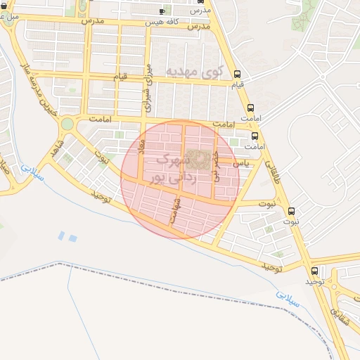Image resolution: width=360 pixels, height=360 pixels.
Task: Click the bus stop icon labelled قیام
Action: (238, 74)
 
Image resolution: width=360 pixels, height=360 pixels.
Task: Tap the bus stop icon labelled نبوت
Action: (292, 211)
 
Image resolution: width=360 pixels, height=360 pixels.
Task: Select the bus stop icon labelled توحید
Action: (314, 270)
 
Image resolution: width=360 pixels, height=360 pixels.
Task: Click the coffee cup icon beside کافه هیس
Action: (162, 11)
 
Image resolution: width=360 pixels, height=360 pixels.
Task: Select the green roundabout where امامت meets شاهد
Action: (67, 124)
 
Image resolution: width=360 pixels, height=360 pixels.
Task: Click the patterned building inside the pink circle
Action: (201, 160)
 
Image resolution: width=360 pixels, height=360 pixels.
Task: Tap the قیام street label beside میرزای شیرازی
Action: (120, 75)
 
